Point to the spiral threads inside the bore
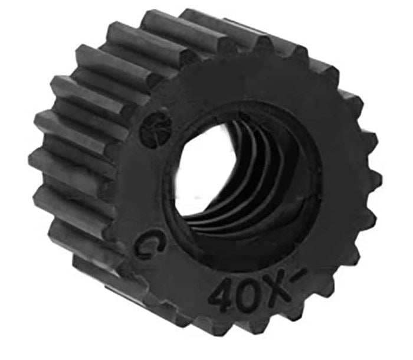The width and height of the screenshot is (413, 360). [248, 177]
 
